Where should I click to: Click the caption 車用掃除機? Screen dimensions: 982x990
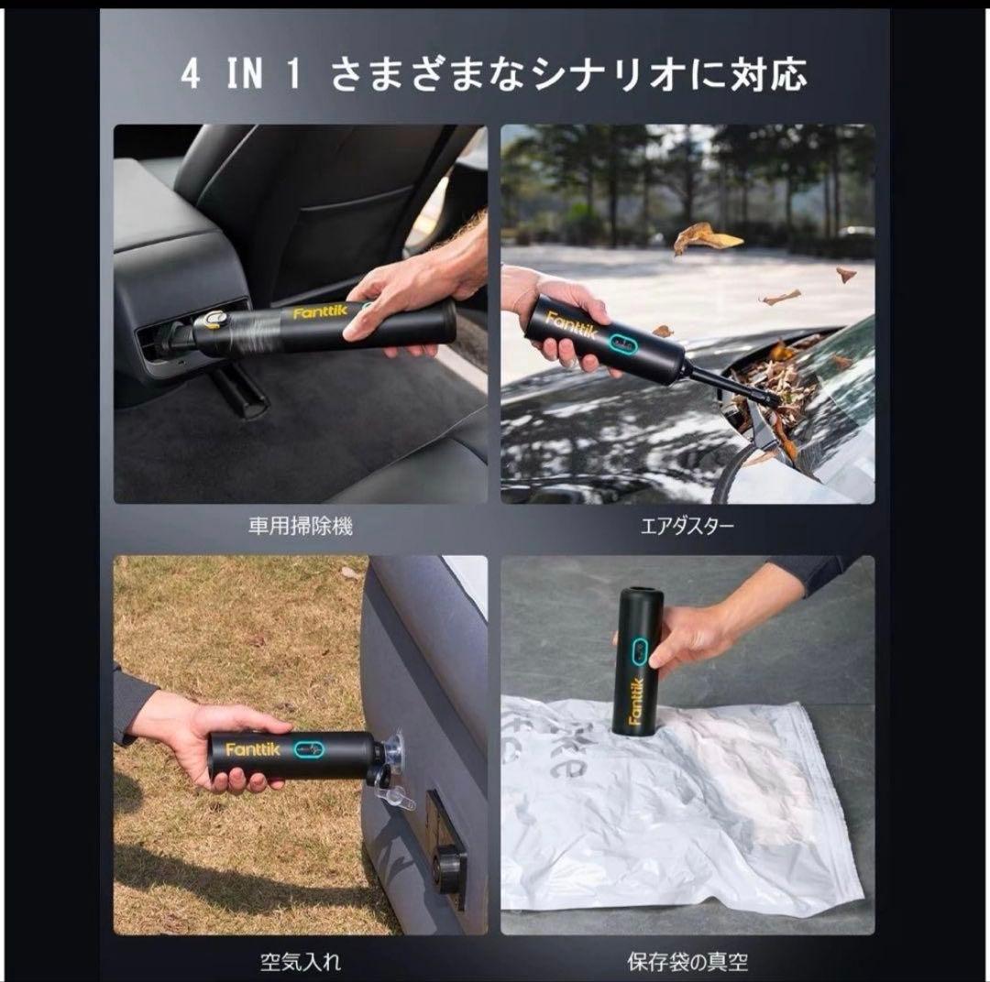[x=300, y=527]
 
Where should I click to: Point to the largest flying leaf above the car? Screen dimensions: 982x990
[x=707, y=239]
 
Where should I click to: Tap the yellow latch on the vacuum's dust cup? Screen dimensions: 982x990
[x=216, y=320]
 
